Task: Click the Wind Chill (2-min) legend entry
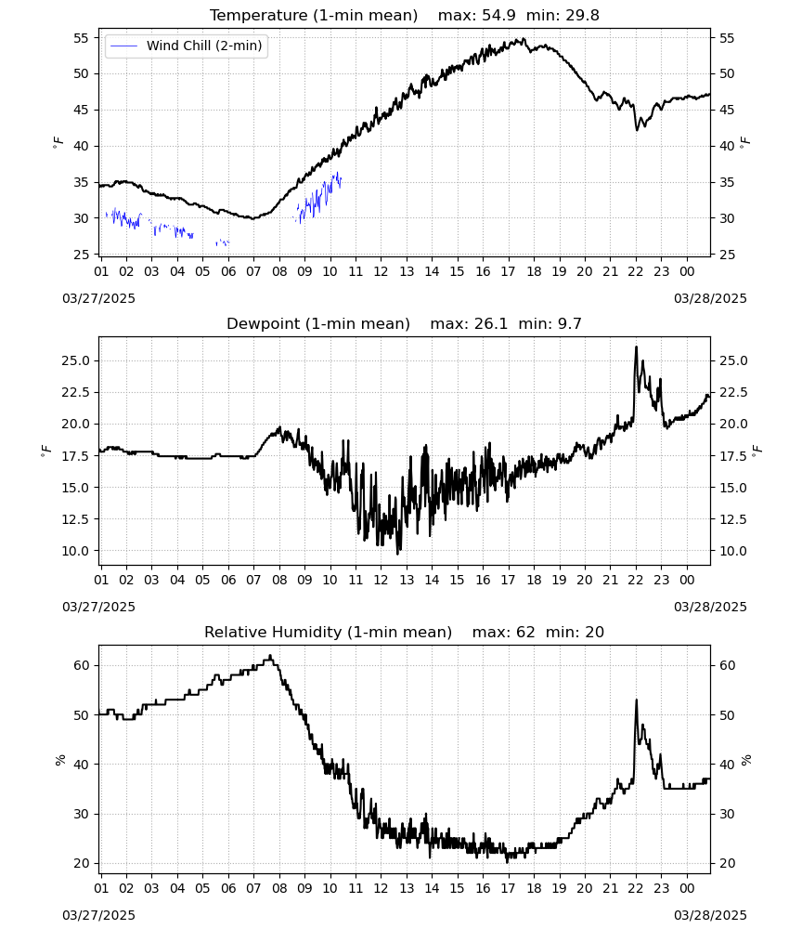click(187, 46)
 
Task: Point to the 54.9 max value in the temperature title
click(498, 15)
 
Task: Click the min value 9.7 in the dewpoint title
click(569, 323)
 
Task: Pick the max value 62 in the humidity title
click(525, 632)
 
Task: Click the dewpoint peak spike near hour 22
click(636, 347)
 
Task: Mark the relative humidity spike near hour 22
click(636, 700)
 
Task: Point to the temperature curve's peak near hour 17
click(523, 40)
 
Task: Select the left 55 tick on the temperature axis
click(81, 38)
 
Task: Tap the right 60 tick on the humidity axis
click(727, 665)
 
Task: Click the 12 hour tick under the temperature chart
click(381, 271)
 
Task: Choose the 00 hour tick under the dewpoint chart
click(687, 580)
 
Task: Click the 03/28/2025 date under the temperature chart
click(710, 298)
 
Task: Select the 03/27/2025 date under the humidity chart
click(98, 915)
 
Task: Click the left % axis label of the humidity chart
click(59, 760)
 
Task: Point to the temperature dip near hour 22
click(638, 127)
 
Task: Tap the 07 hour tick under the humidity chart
click(253, 888)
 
